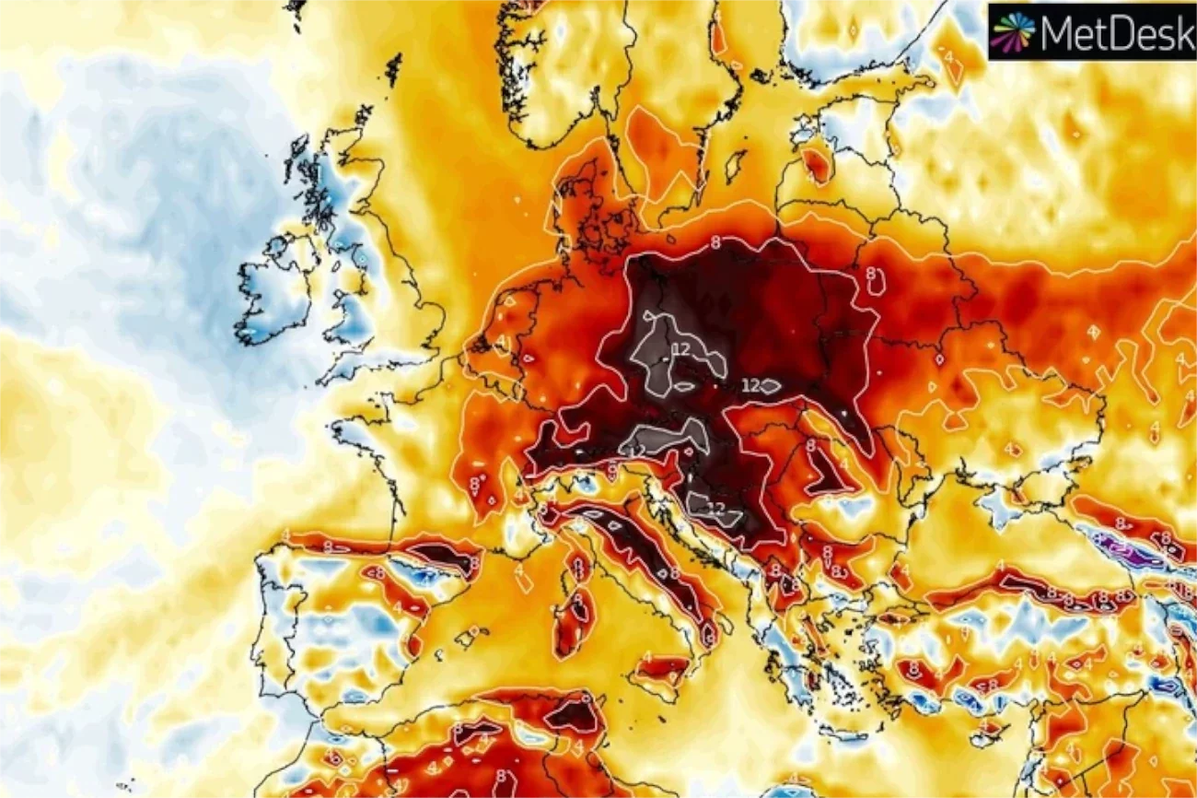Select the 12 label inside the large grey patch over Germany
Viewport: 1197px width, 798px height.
click(x=681, y=349)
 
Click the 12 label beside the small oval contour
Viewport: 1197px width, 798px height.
click(x=751, y=386)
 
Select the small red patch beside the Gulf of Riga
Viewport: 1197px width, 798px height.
click(x=815, y=164)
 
